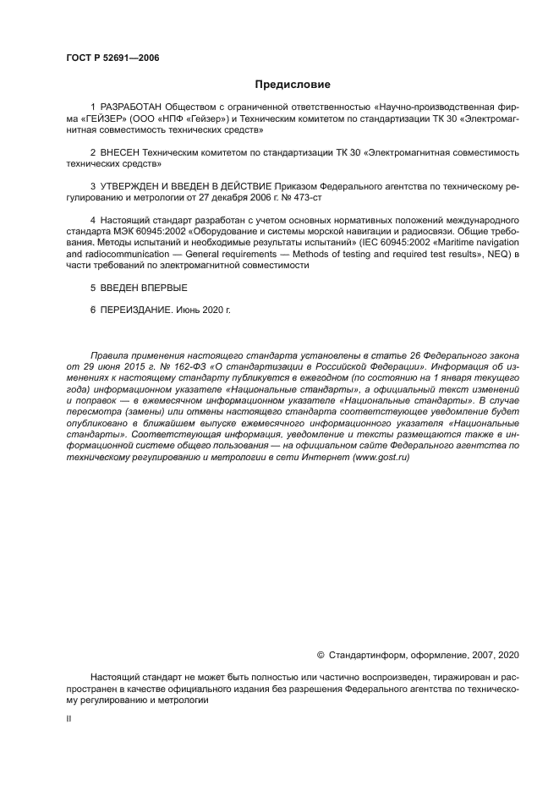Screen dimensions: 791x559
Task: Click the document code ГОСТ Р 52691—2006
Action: [112, 58]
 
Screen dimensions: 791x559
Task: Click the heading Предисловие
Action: [293, 85]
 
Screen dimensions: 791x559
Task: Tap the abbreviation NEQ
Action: [495, 254]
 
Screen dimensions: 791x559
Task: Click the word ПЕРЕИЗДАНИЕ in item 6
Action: [135, 310]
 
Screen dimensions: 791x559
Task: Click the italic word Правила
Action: [110, 356]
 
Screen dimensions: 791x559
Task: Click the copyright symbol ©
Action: [321, 655]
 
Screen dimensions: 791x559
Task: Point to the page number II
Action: [69, 718]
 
